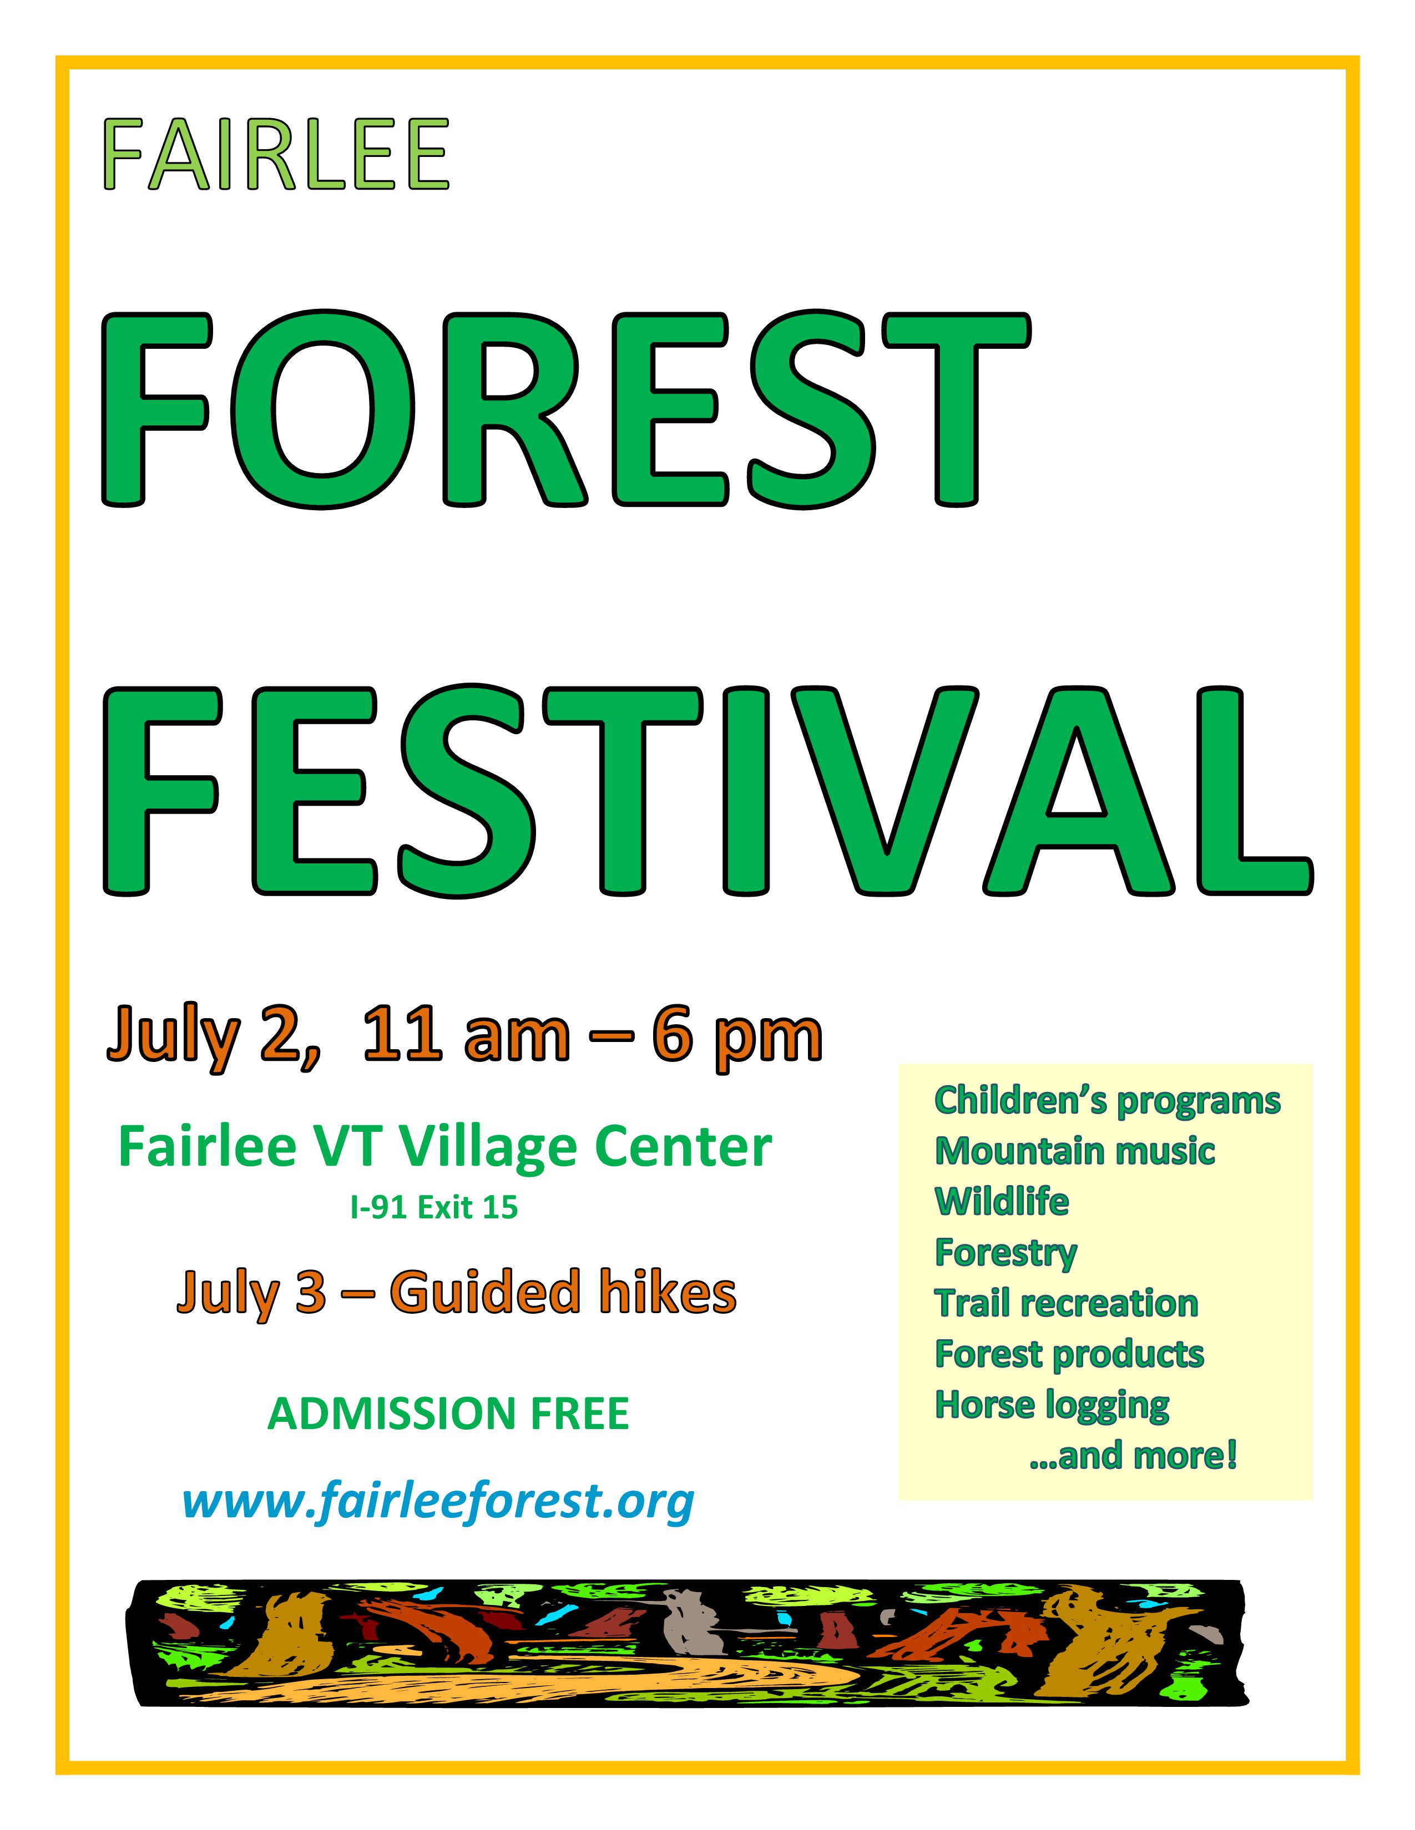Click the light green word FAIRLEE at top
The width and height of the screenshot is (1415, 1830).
coord(276,155)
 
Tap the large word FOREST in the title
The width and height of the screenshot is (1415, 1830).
coord(566,410)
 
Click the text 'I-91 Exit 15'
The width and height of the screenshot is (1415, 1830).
coord(434,1207)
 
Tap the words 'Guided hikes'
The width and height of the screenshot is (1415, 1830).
coord(563,1292)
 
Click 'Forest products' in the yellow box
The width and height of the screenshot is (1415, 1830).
coord(1069,1355)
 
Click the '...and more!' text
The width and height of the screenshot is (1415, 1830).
coord(1133,1456)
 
